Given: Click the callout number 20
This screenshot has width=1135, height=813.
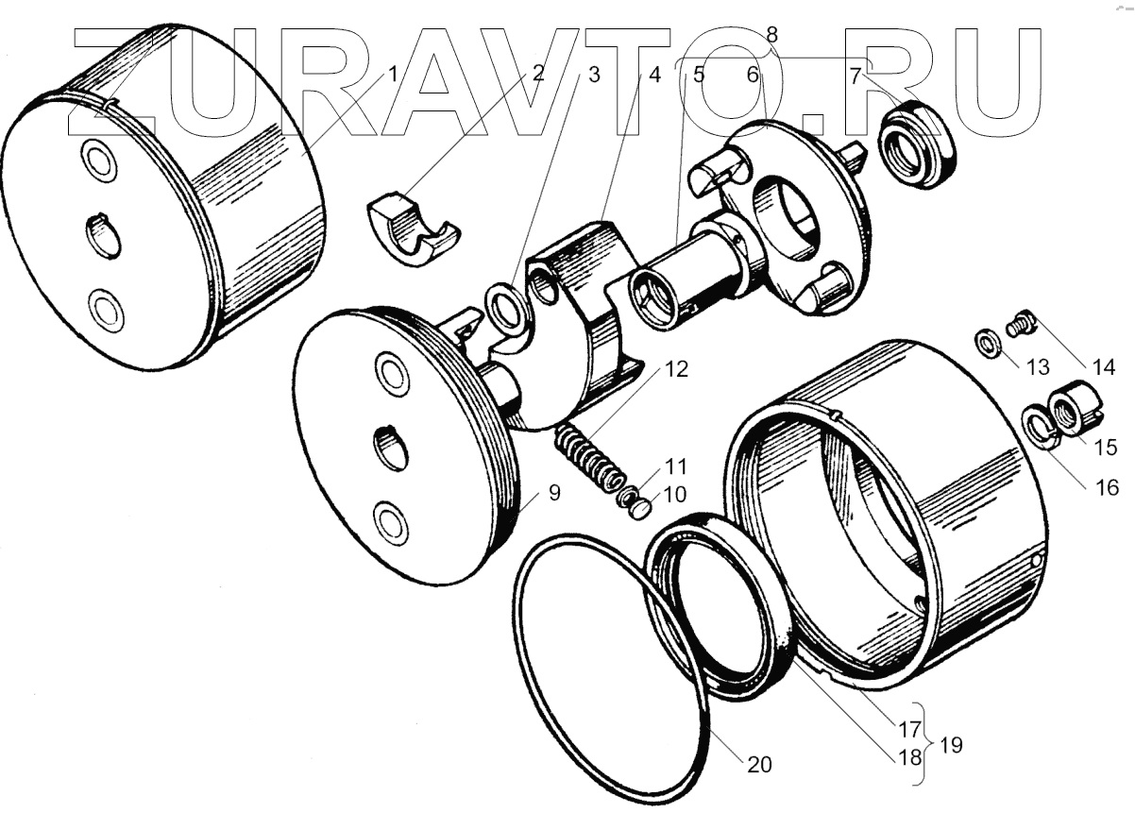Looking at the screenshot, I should tap(759, 764).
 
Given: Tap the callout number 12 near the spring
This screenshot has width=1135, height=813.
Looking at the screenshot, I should tap(675, 370).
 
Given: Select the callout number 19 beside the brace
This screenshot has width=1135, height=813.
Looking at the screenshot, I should tap(951, 745).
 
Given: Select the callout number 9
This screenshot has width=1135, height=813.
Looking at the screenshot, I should tap(551, 493).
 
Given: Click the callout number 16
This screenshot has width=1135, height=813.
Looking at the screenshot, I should tap(1108, 487).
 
